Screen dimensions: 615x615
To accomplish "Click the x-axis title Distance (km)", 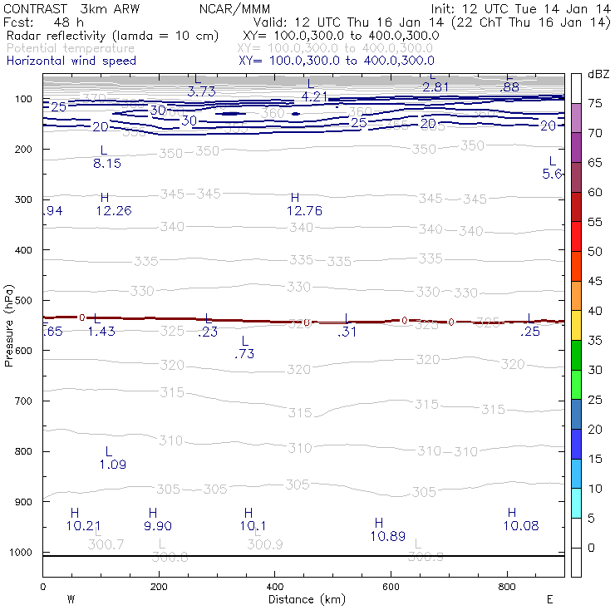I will tap(307, 599).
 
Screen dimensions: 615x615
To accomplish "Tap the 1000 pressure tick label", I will tap(23, 552).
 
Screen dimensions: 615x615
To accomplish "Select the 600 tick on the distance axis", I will tap(391, 587).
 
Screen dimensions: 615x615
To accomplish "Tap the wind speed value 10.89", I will tap(387, 536).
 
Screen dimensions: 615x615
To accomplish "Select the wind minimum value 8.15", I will tap(107, 164).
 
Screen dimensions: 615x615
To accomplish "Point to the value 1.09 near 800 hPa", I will tap(112, 465).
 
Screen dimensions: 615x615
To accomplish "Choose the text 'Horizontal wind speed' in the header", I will tap(71, 61).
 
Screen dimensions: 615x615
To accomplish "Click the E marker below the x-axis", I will tap(550, 598).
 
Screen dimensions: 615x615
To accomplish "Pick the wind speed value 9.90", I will tap(157, 526).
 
